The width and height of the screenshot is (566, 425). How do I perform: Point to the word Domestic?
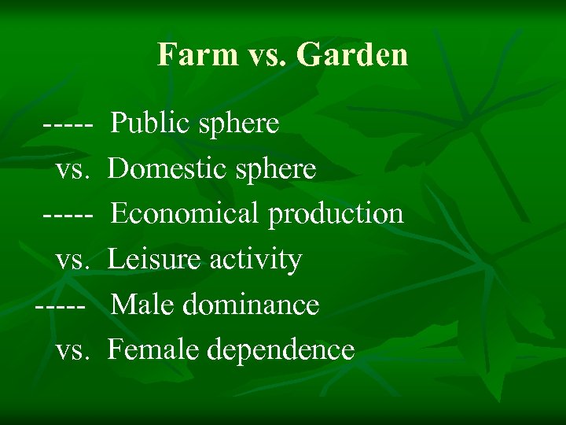coord(162,168)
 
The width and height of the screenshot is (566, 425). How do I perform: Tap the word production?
coord(336,213)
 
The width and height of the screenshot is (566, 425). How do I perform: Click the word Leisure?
coord(152,259)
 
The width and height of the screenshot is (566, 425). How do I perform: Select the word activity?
coord(262,259)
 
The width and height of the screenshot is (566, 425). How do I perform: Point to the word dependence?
coord(281,349)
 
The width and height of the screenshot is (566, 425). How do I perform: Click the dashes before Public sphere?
coord(69,124)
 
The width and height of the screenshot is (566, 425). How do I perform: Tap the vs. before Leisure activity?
coord(75,260)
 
